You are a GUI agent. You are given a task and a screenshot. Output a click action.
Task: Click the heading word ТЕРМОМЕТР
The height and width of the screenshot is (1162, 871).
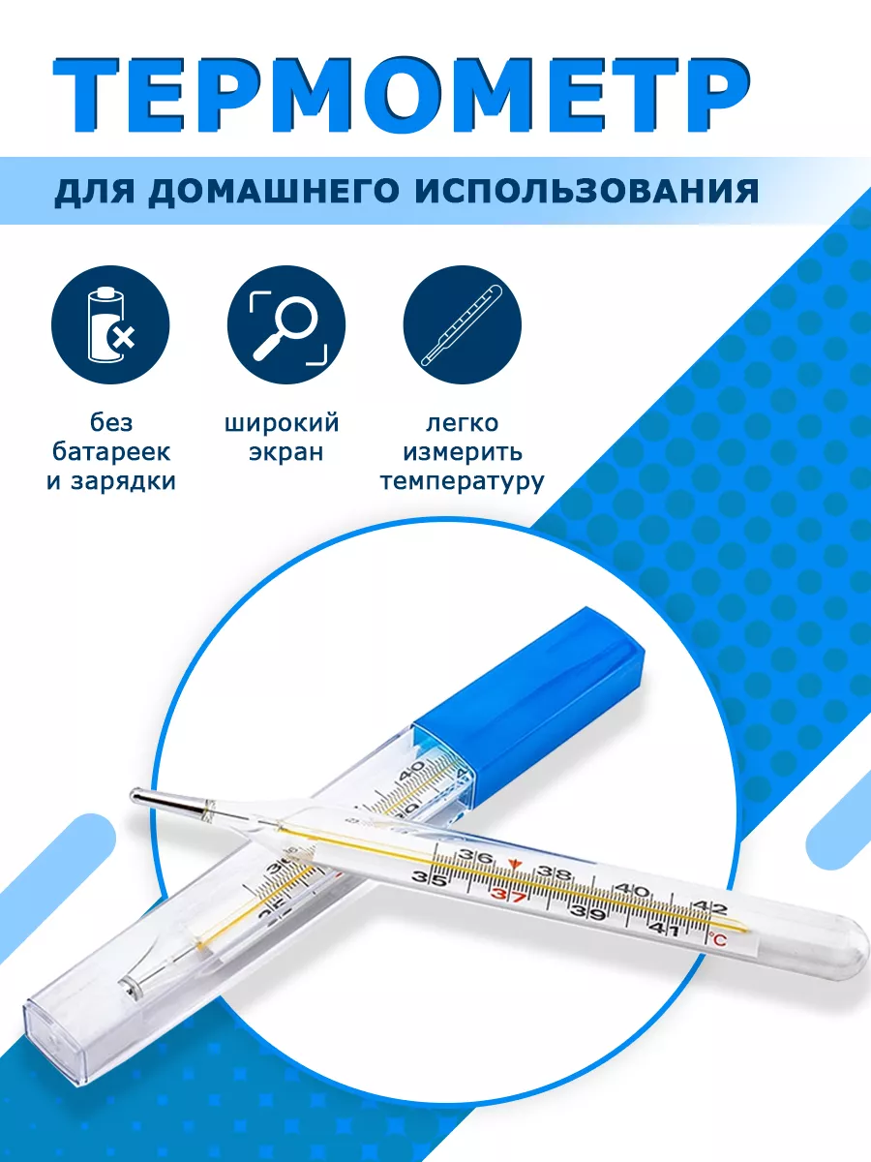[401, 96]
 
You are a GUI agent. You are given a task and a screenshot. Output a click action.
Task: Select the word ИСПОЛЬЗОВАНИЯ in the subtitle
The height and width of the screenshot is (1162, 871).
[586, 191]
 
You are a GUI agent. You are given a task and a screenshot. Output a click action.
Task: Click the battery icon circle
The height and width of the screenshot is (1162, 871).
[110, 324]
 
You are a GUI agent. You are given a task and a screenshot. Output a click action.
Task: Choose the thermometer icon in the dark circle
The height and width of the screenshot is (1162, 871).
[463, 324]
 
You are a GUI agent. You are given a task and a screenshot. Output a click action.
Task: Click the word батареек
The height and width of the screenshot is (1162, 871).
[111, 451]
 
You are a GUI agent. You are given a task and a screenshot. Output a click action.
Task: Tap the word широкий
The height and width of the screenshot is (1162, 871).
[282, 423]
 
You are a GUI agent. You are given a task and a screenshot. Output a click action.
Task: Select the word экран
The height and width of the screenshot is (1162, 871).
[286, 452]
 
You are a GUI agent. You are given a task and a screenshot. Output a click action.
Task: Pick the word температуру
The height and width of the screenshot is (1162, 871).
[463, 481]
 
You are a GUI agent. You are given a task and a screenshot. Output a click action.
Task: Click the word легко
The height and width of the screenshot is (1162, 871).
[463, 423]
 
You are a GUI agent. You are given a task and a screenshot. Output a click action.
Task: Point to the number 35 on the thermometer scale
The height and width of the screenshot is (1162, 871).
[429, 876]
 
